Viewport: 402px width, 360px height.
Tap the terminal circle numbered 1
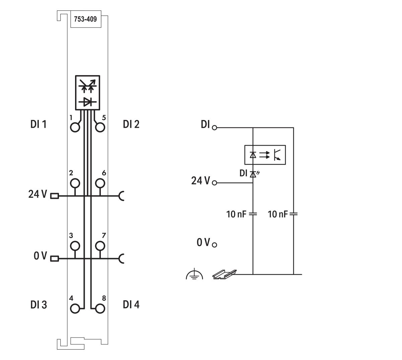coord(75,127)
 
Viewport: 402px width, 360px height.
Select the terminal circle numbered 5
coord(100,127)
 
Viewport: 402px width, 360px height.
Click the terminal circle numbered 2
coord(75,183)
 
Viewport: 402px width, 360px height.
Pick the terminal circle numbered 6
coord(100,183)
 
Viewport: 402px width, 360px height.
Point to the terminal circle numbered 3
coord(75,246)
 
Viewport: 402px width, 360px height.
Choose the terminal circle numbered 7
coord(100,246)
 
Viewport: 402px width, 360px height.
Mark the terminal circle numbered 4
coord(75,308)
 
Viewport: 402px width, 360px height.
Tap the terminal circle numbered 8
coord(100,308)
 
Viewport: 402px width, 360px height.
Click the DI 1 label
coord(39,125)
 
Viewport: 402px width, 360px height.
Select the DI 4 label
coord(131,305)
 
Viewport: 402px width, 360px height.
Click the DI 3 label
coord(39,305)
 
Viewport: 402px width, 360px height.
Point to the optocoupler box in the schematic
coord(265,155)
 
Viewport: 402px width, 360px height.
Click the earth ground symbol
coord(194,275)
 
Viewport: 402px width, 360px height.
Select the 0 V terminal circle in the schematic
coord(214,244)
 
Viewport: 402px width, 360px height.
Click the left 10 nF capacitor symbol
coord(253,214)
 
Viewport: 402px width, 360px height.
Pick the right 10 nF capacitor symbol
coord(293,214)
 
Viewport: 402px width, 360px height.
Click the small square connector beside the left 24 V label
coord(54,196)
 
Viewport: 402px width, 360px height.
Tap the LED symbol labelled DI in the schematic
coord(253,174)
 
